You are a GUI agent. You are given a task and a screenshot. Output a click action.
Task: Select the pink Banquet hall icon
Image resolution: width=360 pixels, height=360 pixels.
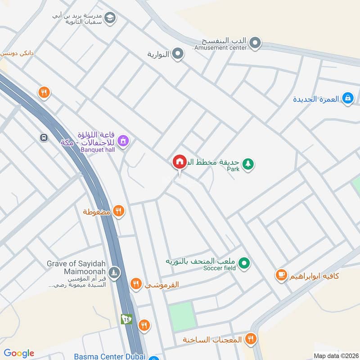125,141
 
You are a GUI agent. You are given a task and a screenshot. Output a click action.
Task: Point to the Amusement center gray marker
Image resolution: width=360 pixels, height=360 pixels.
255,44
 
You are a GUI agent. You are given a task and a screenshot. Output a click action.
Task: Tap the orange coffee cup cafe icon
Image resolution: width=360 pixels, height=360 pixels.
282,274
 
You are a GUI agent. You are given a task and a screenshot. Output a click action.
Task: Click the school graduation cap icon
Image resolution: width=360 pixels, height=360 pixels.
109,18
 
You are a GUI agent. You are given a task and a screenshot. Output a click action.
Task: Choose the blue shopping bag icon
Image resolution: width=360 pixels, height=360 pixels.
347,98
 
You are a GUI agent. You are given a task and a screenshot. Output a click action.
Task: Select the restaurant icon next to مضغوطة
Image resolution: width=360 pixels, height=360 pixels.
118,211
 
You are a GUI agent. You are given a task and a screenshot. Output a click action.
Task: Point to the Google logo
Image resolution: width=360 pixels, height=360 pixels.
18,353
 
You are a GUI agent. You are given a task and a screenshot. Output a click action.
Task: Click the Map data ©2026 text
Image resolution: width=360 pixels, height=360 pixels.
335,355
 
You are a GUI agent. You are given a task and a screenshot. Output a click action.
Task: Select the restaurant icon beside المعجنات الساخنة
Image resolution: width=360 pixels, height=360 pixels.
251,339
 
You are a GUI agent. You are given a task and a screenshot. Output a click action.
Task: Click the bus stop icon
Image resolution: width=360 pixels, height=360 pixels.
44,138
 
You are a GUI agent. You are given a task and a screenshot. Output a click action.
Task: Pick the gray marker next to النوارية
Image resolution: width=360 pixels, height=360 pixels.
178,54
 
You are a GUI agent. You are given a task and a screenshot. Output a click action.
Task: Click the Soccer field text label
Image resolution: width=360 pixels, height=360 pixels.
220,269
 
